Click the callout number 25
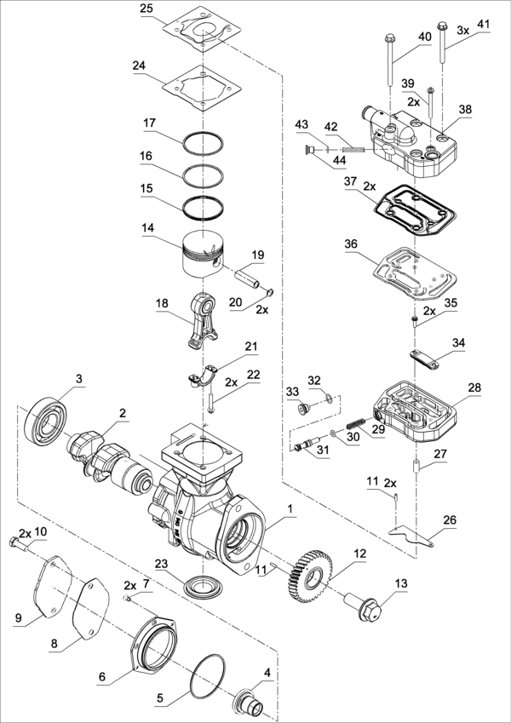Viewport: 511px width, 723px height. point(148,9)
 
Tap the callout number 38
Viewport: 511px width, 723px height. point(465,109)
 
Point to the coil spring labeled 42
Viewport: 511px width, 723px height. point(354,149)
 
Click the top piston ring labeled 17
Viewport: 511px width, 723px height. point(204,142)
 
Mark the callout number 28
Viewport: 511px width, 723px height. point(474,387)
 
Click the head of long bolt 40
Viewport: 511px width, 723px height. point(390,37)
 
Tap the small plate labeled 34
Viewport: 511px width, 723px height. point(424,360)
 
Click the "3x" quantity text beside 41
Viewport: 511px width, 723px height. point(463,31)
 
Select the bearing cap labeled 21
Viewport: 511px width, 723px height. point(203,376)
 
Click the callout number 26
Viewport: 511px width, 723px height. point(450,520)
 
